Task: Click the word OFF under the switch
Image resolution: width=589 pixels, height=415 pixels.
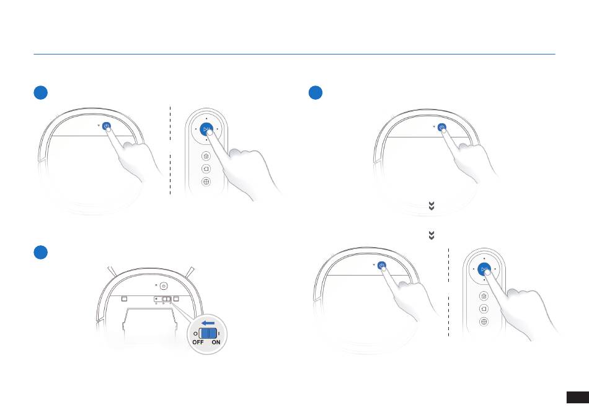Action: click(198, 342)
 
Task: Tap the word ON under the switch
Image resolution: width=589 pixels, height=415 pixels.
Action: click(216, 342)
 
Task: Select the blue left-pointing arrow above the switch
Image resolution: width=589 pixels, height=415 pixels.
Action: click(208, 323)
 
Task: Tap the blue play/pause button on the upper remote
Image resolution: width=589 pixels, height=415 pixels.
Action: click(206, 129)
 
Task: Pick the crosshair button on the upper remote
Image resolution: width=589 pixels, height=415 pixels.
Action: click(206, 181)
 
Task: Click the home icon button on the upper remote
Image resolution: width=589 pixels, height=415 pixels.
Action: click(206, 156)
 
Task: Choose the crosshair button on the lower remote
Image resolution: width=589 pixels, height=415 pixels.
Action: click(484, 321)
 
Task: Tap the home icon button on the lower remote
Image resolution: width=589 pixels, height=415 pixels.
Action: click(484, 296)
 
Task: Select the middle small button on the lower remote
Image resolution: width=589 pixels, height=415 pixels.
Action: click(484, 309)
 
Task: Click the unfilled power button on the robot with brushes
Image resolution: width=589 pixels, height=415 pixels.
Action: click(164, 286)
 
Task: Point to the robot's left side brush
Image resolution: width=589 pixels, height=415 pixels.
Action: click(112, 271)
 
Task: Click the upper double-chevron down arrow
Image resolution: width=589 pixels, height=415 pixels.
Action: click(432, 206)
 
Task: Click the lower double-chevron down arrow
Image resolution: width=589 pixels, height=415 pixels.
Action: click(432, 235)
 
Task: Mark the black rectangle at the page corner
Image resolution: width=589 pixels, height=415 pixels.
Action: click(578, 398)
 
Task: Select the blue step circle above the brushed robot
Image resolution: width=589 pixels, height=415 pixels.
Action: click(40, 252)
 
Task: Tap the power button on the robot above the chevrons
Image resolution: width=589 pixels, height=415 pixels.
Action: click(442, 128)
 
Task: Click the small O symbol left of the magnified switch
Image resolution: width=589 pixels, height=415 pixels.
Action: click(195, 334)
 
